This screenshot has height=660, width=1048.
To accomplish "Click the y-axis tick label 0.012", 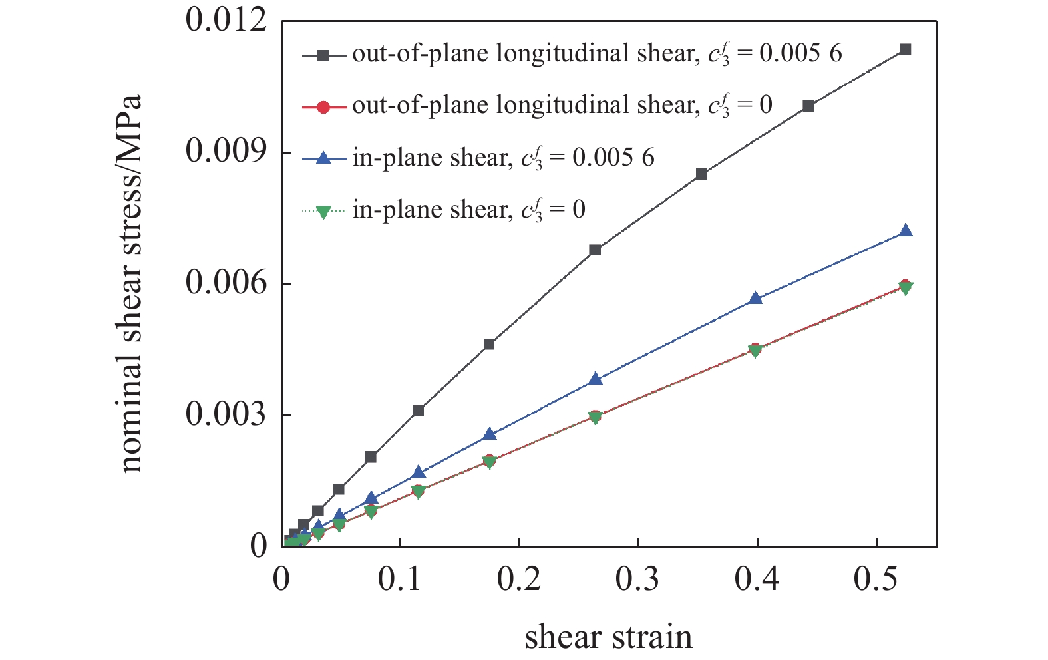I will (225, 20).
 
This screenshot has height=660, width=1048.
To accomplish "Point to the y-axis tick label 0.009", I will (225, 152).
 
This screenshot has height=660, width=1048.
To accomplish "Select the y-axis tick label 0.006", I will (225, 283).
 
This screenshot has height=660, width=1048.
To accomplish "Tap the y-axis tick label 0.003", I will (225, 414).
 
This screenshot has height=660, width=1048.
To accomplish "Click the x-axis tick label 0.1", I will (399, 579).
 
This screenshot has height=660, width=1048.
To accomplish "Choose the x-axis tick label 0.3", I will (637, 579).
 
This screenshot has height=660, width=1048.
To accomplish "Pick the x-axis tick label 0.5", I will (876, 579).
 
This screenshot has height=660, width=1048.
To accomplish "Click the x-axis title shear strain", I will (608, 637).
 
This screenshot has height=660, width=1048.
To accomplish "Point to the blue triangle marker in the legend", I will (323, 158).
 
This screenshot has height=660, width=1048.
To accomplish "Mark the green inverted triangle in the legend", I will (323, 212).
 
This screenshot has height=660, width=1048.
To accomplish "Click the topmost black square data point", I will (905, 49).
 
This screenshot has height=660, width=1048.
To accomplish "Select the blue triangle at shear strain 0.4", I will (755, 298).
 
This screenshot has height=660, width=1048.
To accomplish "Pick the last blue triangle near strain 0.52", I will (906, 231).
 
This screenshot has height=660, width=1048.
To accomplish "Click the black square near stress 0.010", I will (808, 106).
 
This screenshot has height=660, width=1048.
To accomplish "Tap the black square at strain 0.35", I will (701, 174).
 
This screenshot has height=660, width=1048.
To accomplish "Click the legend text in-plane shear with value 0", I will (468, 210).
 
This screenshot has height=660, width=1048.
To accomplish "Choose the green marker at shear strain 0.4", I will (755, 351).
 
